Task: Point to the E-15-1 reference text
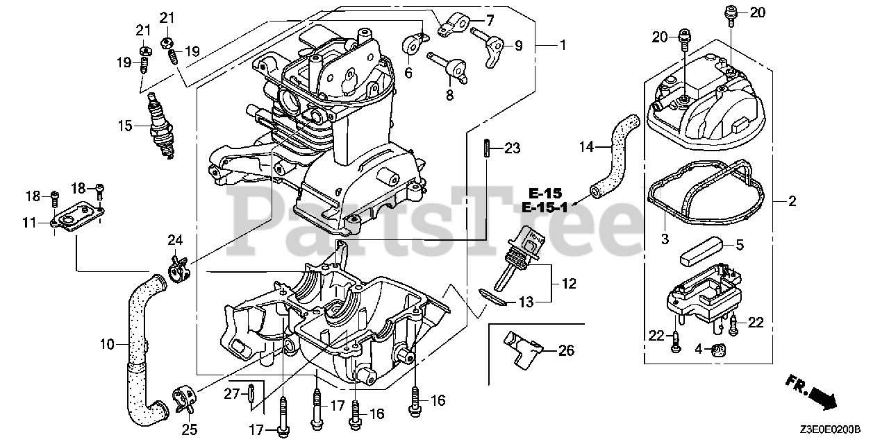pos(545,207)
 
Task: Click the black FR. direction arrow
pos(822,398)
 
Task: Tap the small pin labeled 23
pos(486,148)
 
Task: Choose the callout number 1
pos(562,45)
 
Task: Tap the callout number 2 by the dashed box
pos(792,201)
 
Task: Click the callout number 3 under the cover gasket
pos(664,240)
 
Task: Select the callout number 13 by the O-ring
pos(526,301)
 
